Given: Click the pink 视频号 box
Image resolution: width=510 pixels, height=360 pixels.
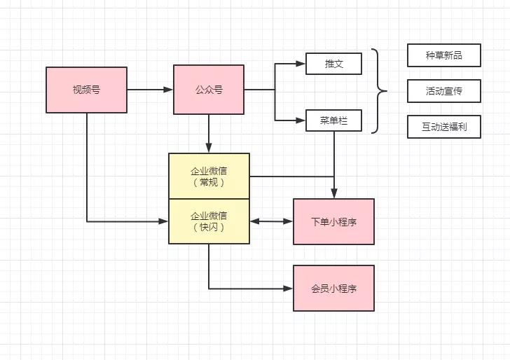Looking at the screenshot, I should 86,90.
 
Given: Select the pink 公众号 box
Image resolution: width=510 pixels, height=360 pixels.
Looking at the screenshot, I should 209,90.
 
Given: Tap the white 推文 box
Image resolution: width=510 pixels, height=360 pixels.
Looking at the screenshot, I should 333,64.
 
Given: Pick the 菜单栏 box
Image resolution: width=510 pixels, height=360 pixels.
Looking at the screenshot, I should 333,120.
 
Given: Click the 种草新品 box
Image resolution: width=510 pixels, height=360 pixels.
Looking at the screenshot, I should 443,55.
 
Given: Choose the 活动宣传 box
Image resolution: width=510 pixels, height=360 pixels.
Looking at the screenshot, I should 443,91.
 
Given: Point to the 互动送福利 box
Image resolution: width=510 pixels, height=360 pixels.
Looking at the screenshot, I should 443,127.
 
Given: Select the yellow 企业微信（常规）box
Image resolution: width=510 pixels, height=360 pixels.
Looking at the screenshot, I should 209,176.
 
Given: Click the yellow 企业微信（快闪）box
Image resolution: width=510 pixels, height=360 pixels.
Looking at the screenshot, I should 209,221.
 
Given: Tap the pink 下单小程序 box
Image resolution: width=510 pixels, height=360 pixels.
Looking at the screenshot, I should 333,221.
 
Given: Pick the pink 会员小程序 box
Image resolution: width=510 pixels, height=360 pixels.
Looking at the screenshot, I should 333,288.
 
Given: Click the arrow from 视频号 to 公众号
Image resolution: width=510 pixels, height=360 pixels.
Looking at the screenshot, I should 150,90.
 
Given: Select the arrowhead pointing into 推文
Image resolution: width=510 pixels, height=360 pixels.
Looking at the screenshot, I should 301,64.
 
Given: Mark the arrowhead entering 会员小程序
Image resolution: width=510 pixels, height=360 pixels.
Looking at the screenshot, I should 289,288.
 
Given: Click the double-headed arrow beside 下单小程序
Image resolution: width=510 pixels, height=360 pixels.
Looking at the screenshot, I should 271,221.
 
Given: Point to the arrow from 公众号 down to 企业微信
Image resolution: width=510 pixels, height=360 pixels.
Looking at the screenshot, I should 209,133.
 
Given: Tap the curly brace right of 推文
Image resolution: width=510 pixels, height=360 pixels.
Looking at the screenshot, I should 379,91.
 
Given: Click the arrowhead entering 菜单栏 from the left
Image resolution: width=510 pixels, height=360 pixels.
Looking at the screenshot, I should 301,120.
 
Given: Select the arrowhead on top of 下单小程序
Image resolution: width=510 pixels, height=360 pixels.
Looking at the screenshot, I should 333,194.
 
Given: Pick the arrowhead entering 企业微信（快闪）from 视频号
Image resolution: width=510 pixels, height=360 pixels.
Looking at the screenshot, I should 164,221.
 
